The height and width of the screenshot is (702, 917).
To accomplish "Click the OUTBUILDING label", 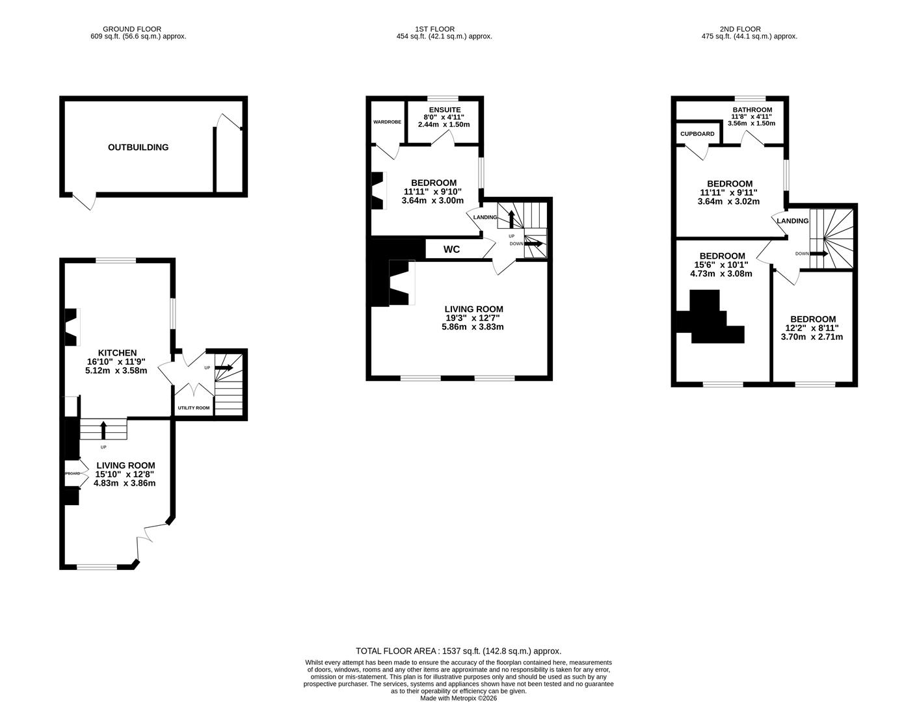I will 138,148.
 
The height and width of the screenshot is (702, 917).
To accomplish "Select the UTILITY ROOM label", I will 194,408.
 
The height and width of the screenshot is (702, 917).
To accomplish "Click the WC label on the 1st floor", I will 451,250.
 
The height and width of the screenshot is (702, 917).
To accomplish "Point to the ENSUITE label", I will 444,110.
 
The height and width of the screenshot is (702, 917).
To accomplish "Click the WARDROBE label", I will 387,122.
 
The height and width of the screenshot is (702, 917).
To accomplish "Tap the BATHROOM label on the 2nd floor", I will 752,110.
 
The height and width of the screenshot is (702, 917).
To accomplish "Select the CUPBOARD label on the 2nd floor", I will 697,134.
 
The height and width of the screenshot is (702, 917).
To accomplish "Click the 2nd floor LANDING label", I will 793,221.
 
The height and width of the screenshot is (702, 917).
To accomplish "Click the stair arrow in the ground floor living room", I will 103,430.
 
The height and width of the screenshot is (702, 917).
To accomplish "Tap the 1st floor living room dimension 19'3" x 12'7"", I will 473,318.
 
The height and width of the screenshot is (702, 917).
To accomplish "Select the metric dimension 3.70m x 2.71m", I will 812,337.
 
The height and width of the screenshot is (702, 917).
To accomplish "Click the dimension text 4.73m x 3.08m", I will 721,274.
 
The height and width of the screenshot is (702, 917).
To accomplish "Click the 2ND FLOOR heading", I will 740,29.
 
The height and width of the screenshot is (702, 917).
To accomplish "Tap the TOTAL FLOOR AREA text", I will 458,651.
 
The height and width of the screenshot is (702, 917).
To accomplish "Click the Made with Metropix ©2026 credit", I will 458,698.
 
